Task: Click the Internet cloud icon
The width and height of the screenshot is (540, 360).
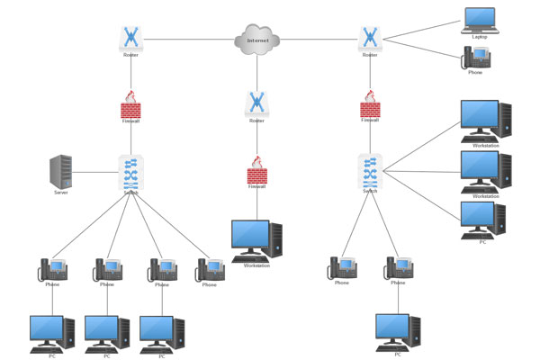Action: pyautogui.click(x=257, y=40)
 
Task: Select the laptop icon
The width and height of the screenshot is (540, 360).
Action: pyautogui.click(x=479, y=19)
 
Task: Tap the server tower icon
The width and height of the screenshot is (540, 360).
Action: pyautogui.click(x=61, y=171)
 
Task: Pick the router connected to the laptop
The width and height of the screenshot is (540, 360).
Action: pyautogui.click(x=370, y=37)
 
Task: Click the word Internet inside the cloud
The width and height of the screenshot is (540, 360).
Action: pyautogui.click(x=258, y=40)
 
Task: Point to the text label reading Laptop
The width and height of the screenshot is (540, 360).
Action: pyautogui.click(x=480, y=37)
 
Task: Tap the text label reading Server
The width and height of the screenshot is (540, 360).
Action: pyautogui.click(x=61, y=193)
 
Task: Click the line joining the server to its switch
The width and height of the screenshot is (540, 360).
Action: pyautogui.click(x=94, y=171)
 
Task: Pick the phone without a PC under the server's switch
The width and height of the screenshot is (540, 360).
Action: pyautogui.click(x=210, y=269)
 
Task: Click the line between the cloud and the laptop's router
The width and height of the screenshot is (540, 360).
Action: pyautogui.click(x=319, y=39)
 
